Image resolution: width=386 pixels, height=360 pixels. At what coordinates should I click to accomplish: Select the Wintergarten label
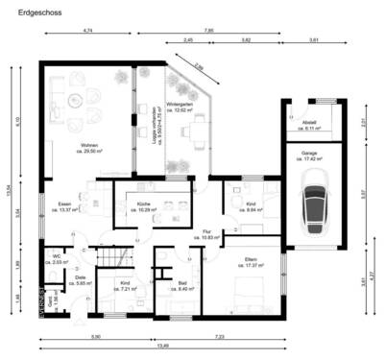176,107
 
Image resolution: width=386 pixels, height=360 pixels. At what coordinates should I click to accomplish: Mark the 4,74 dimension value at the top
87,31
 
